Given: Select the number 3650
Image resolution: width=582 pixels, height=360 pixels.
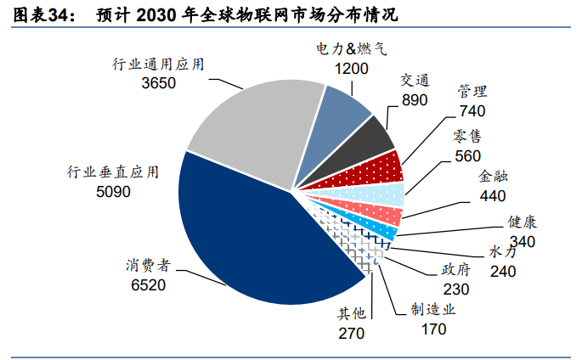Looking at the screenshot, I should [x=160, y=83].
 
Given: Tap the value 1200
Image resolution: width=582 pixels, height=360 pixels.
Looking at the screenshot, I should [x=351, y=68].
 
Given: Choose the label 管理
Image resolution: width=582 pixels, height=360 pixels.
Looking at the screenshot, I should [x=472, y=91].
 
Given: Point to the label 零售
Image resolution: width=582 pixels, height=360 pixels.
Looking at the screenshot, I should [x=467, y=136].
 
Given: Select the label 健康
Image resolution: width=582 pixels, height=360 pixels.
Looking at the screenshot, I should [x=523, y=222].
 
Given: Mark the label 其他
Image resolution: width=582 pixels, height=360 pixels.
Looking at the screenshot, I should [x=352, y=315].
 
